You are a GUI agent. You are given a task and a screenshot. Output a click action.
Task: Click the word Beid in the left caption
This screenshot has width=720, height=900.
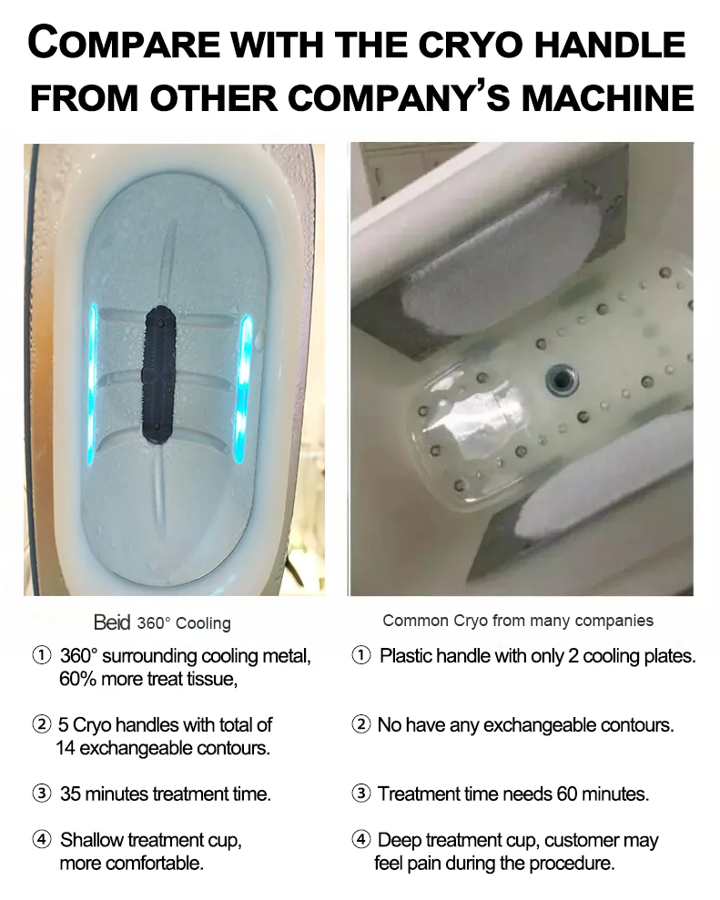112,623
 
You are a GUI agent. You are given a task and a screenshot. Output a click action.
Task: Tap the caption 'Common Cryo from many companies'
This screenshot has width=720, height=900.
518,621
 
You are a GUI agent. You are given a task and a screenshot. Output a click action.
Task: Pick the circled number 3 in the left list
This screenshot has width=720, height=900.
42,794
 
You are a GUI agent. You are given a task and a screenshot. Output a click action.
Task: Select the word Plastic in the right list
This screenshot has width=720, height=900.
405,656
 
